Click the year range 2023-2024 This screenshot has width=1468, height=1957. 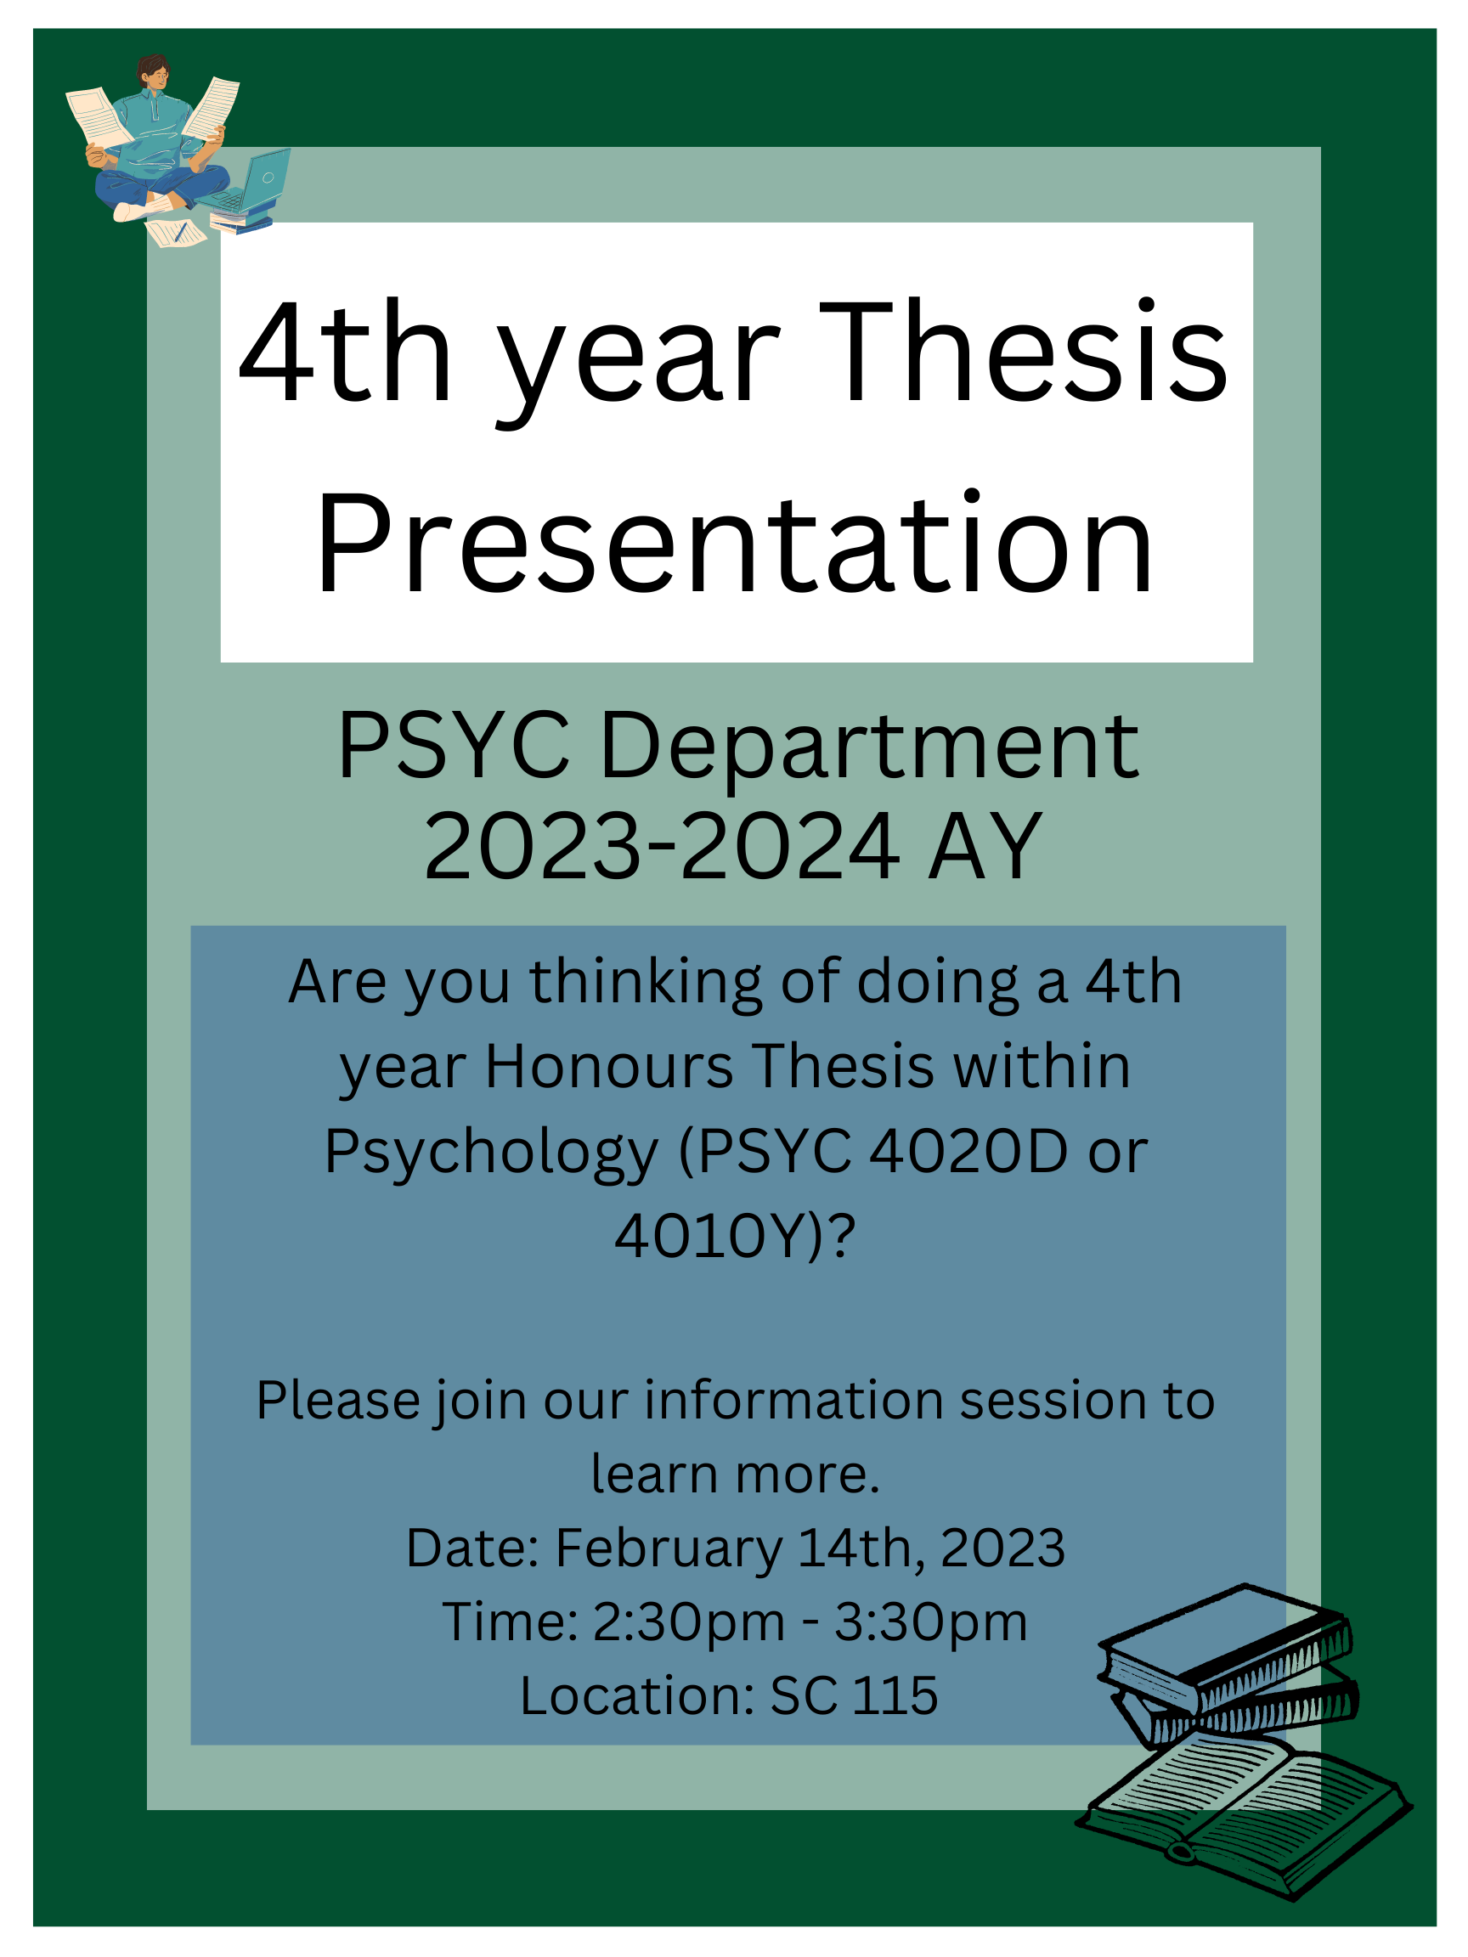point(662,848)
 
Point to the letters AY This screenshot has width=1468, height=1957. point(985,848)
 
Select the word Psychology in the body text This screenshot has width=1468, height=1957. point(492,1155)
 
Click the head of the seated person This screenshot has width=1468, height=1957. point(153,72)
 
